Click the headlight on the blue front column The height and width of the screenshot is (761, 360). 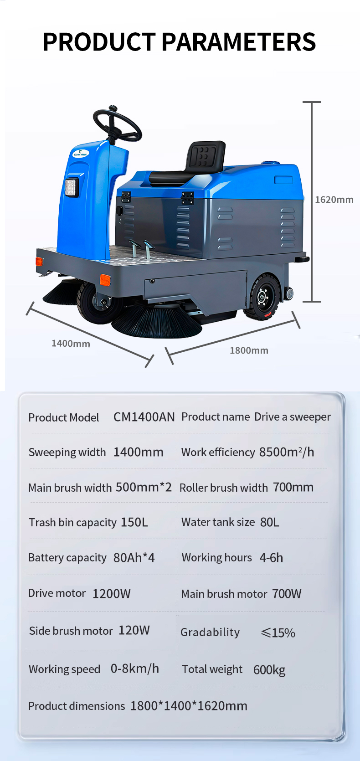tap(72, 187)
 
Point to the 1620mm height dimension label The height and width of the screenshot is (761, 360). tap(334, 200)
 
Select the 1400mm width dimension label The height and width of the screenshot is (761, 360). tap(71, 344)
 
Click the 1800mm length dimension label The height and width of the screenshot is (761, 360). tap(249, 350)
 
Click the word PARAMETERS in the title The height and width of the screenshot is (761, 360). tap(238, 42)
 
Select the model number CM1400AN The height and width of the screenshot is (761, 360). tap(144, 417)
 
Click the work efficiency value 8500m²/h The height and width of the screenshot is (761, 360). tap(287, 452)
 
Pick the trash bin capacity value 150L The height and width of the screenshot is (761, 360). tap(134, 522)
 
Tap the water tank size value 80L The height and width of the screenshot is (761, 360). tap(270, 522)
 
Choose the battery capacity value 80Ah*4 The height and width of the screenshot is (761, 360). tap(134, 557)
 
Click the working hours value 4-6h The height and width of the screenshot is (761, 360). tap(271, 557)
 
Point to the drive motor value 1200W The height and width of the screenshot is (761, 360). tap(111, 593)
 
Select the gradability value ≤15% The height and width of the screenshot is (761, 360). tap(278, 632)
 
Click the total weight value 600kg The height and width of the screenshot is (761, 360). tap(269, 669)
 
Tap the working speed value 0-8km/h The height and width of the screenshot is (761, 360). tap(135, 668)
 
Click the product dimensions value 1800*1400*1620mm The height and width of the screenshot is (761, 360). tap(189, 705)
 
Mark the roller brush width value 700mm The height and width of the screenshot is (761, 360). tap(293, 487)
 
